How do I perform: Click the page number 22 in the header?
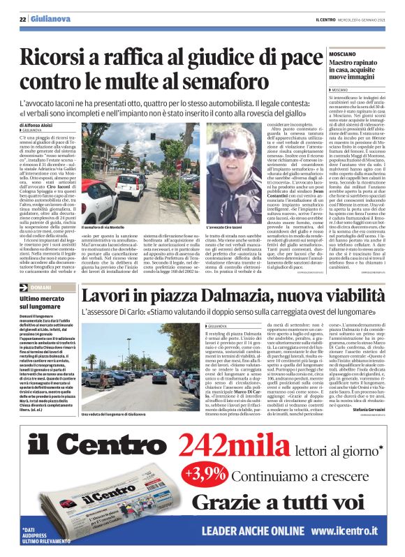tap(23, 19)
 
